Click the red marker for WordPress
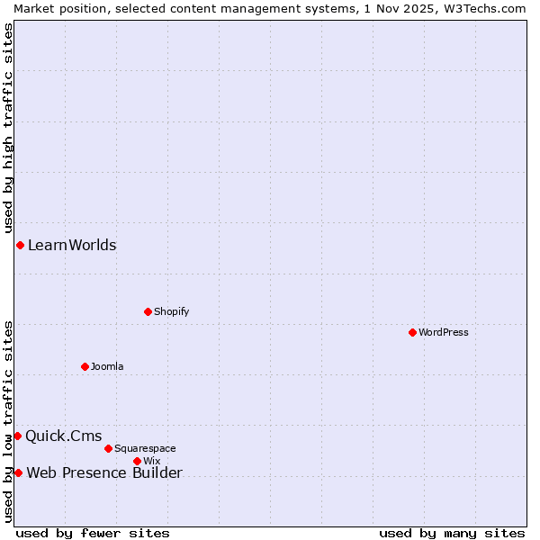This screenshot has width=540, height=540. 412,332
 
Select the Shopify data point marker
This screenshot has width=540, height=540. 148,311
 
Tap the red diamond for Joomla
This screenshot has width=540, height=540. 85,366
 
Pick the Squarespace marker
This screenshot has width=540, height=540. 108,448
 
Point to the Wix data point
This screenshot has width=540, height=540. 137,461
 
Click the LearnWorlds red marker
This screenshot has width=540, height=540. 20,246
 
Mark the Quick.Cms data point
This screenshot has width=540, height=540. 17,436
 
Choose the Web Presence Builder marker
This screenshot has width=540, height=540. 18,472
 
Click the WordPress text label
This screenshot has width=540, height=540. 444,332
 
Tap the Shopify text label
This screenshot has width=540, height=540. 172,311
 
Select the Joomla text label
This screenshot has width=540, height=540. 107,366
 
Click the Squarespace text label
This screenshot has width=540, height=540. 145,448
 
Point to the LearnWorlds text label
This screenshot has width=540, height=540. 72,246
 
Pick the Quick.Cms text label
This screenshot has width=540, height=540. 63,436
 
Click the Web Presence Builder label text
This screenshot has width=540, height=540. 104,473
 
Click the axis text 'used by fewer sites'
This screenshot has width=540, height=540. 93,533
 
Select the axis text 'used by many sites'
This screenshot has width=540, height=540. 452,533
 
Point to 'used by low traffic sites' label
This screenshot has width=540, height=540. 8,420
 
